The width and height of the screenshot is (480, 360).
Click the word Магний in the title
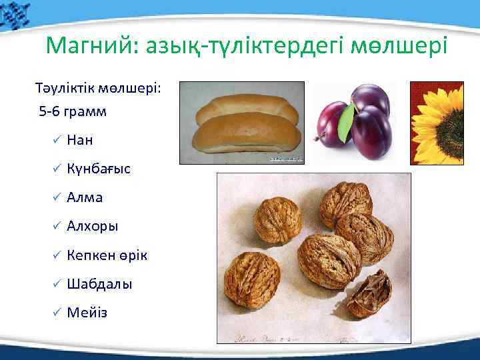point(86,45)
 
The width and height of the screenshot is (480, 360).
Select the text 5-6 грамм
point(73,111)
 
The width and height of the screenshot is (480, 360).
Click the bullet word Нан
point(80,140)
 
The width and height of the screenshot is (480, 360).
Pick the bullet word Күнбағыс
point(99,169)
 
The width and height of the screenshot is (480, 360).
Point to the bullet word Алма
point(85,197)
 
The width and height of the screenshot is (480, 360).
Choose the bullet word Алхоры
point(93,226)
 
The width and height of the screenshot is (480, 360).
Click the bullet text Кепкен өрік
point(107,255)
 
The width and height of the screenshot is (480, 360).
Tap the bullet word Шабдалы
point(99,284)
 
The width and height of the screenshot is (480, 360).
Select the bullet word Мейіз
point(87,313)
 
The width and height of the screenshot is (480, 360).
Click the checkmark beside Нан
point(57,140)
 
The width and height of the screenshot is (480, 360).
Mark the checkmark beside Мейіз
point(57,313)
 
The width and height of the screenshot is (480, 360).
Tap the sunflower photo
point(436,123)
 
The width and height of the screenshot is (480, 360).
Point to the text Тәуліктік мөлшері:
point(94,89)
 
